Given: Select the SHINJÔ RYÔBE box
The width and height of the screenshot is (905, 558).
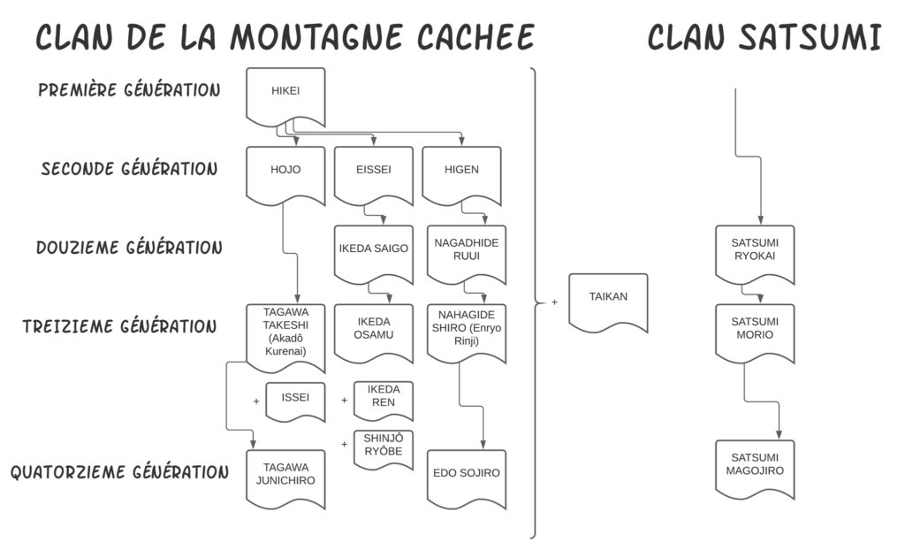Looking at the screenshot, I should pyautogui.click(x=383, y=447).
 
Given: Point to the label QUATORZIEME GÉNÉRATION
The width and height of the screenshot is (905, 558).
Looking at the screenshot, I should pyautogui.click(x=119, y=471).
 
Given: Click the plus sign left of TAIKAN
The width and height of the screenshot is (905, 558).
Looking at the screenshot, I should pyautogui.click(x=554, y=302).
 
